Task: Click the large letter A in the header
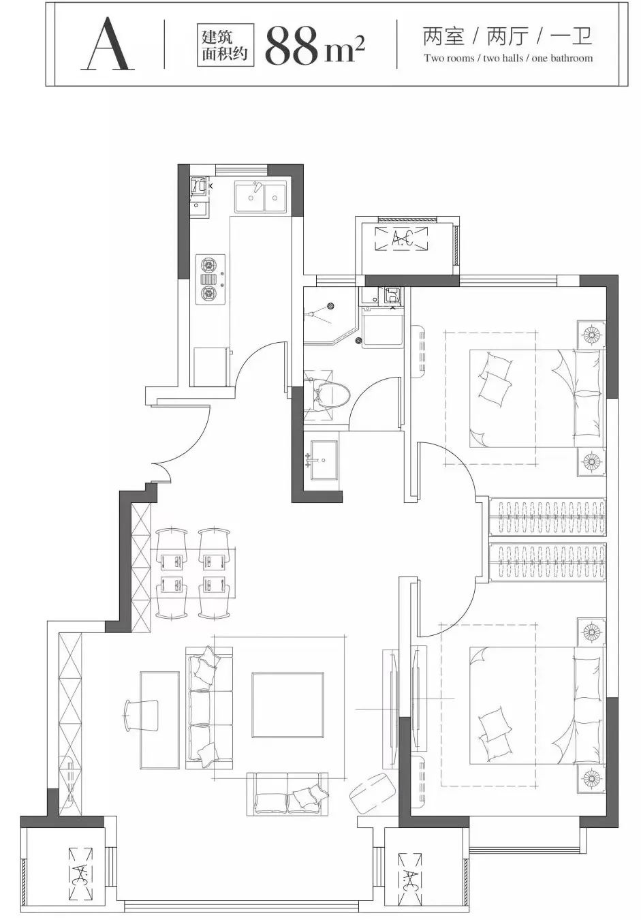108,44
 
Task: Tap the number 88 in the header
292,46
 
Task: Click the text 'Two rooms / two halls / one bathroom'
508,59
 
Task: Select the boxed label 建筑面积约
225,45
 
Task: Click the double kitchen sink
261,197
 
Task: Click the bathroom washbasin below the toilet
324,460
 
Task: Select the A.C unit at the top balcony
401,239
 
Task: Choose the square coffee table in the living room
288,705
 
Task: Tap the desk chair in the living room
142,715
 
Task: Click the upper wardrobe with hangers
548,517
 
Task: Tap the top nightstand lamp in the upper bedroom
592,335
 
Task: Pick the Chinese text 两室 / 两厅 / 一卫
508,36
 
